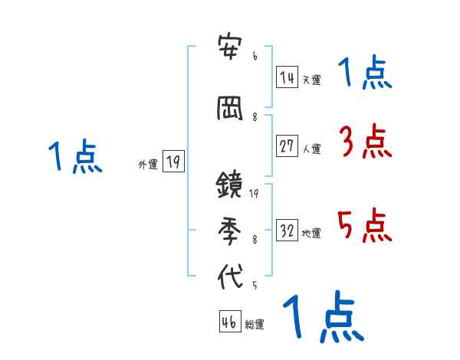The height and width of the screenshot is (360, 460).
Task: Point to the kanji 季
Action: [x=230, y=231]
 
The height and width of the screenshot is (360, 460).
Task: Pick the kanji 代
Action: [x=230, y=276]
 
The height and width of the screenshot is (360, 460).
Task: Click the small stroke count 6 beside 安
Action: [x=255, y=57]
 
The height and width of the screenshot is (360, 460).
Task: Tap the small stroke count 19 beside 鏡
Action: [x=254, y=193]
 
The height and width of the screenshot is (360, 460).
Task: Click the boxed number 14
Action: [x=287, y=77]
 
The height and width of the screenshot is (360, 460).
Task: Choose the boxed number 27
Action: [x=287, y=146]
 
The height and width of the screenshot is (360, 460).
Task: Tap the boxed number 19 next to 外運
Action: [x=173, y=162]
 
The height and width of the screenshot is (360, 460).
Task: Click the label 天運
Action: [x=311, y=79]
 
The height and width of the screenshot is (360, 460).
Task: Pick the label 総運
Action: [x=255, y=324]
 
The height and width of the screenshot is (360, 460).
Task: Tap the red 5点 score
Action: [x=364, y=226]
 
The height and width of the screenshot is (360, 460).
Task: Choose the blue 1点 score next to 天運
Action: [x=364, y=74]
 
